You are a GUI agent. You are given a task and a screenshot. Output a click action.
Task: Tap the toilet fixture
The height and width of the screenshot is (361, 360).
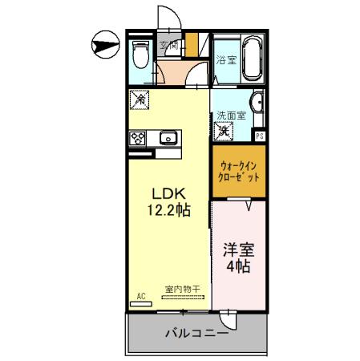click(140, 56)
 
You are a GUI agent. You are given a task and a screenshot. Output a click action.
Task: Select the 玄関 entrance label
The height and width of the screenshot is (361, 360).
click(168, 46)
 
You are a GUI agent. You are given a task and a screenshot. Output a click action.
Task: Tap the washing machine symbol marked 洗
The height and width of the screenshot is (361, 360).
click(225, 130)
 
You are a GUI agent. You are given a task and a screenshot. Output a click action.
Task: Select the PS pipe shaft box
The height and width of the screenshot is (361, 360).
click(259, 136)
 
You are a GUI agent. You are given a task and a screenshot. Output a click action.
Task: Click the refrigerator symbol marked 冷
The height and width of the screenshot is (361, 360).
click(138, 101)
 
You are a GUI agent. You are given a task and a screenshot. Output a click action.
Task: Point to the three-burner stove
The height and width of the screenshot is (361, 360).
click(137, 138)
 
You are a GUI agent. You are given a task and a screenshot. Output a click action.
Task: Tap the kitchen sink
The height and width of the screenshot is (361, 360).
click(168, 138)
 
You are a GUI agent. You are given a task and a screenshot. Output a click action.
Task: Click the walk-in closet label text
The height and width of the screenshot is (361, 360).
click(239, 172)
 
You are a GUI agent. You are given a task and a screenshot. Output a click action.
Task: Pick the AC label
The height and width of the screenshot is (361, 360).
click(140, 296)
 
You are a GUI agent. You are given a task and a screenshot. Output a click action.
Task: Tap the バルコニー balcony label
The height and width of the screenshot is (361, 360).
click(196, 333)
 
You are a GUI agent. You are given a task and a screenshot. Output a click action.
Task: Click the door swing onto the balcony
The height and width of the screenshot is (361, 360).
click(229, 318)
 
